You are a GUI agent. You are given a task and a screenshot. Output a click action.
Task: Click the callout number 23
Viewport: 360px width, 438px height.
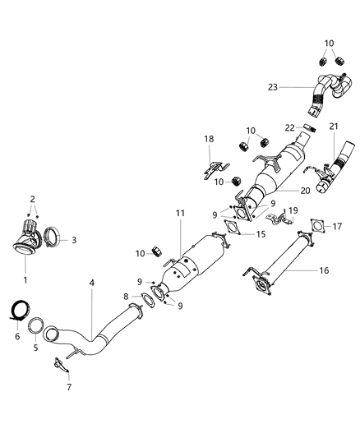point(273,86)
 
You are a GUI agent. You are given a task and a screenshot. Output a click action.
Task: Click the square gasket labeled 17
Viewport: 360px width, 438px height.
point(316,225)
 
